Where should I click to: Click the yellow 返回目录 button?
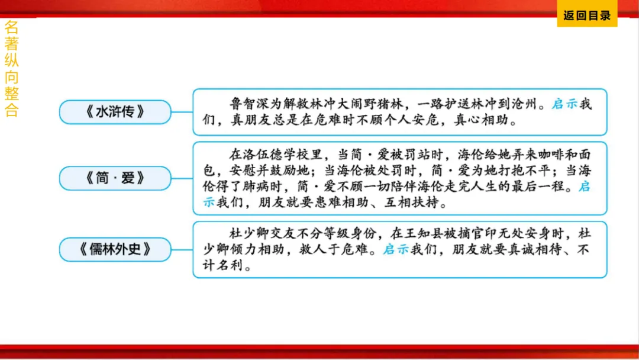[586, 16]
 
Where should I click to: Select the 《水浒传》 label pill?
[115, 112]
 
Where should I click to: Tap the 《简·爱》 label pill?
[115, 178]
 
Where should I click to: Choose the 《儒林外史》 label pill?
[115, 249]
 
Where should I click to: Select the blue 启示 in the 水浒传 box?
[564, 105]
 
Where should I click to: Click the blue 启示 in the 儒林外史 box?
[396, 250]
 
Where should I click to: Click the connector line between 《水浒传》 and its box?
[182, 112]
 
